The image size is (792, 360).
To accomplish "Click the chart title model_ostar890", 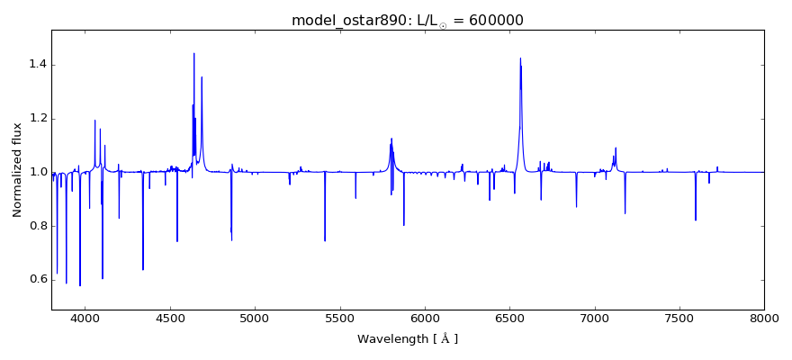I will click(347, 21).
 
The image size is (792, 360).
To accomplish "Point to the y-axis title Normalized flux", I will click(18, 170).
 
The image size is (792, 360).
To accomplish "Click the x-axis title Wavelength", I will click(408, 339).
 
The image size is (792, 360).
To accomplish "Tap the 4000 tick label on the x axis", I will click(85, 318).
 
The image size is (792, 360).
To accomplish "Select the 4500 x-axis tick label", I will click(170, 318).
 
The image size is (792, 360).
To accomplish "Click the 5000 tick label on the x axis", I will click(255, 318).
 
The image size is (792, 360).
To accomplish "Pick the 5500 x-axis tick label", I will click(339, 318).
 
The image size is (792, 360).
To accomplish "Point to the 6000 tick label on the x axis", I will click(425, 318).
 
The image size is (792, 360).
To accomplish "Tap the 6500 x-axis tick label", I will click(509, 318).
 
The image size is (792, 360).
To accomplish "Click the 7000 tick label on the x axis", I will click(594, 318).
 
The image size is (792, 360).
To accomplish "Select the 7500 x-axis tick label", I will click(679, 318).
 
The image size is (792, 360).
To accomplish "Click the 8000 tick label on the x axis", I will click(763, 318).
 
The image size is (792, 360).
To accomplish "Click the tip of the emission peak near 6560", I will click(520, 58).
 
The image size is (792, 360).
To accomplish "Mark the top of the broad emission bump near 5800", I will click(391, 139).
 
